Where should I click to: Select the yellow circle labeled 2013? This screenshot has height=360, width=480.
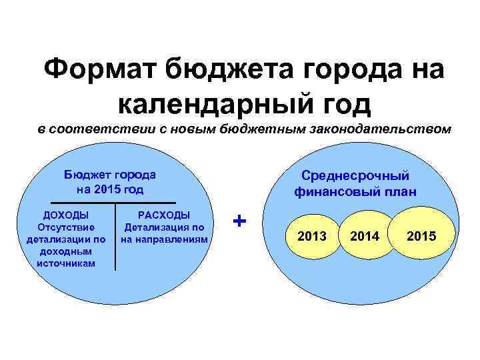(312, 236)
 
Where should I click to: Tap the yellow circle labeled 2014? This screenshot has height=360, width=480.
(364, 236)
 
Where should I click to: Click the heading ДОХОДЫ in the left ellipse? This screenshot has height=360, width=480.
(66, 215)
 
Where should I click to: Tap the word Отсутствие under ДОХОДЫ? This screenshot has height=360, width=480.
(66, 227)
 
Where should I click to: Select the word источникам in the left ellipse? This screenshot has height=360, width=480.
(66, 263)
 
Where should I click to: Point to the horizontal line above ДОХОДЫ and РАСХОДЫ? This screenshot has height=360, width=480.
(113, 202)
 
